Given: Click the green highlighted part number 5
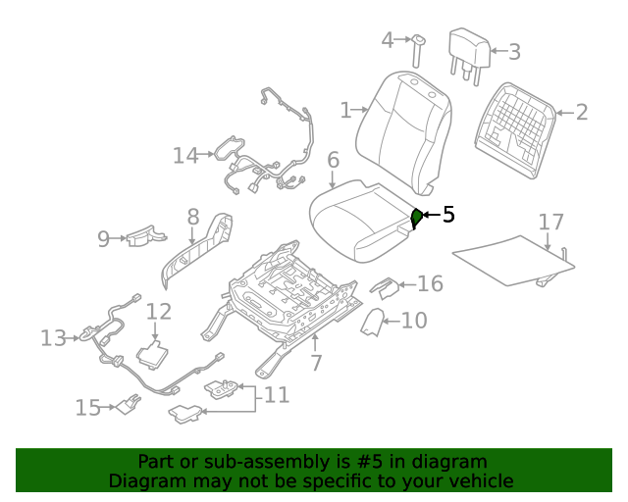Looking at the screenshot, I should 416,218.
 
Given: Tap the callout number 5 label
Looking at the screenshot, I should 448,215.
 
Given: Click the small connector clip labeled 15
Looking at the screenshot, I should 125,403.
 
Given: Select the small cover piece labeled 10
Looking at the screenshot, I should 373,324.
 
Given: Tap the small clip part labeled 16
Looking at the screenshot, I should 385,285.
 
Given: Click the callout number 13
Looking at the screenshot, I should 52,338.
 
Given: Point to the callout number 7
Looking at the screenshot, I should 316,363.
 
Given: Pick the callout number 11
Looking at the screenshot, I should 277,395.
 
